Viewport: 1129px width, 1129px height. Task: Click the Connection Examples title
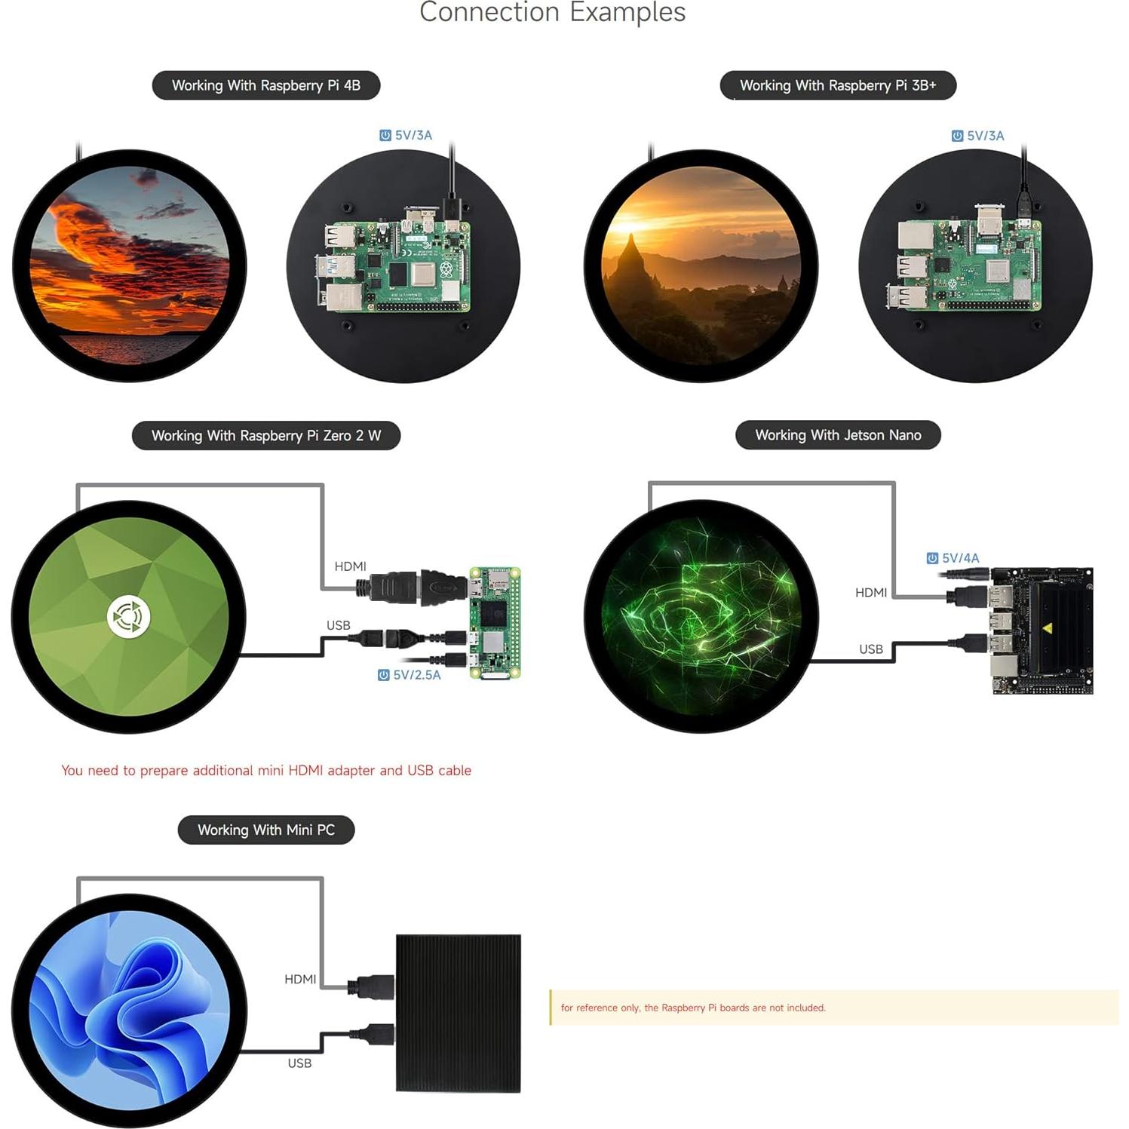[x=552, y=12]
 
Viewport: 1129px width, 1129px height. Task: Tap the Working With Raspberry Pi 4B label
[x=266, y=85]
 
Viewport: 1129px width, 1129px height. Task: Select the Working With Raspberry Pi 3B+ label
[x=838, y=85]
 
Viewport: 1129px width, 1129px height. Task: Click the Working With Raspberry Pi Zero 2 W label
[x=266, y=435]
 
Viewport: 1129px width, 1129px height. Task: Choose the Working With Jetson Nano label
[x=838, y=435]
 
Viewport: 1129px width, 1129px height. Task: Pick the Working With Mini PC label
[x=266, y=830]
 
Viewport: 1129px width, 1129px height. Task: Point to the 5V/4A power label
[x=953, y=558]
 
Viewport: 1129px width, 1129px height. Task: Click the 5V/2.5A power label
[x=410, y=675]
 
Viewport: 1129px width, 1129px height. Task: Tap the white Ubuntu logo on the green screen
[x=128, y=616]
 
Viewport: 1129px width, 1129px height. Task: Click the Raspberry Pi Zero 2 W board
[x=495, y=623]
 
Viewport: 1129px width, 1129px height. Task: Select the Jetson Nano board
[x=1041, y=630]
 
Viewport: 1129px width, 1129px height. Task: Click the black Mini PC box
[x=459, y=1013]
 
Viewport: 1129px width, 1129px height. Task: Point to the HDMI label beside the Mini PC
[x=300, y=979]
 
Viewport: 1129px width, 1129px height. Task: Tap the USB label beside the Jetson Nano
[x=871, y=649]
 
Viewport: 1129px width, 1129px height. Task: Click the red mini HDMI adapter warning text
[x=266, y=770]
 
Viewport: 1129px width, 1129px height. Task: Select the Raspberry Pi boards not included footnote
[x=693, y=1008]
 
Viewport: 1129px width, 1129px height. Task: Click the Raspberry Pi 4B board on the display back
[x=393, y=261]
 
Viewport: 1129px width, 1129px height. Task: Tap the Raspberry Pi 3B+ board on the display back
[x=964, y=259]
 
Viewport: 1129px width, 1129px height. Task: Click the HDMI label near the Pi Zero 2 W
[x=351, y=566]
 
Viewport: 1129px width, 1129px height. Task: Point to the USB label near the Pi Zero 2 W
[x=339, y=625]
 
